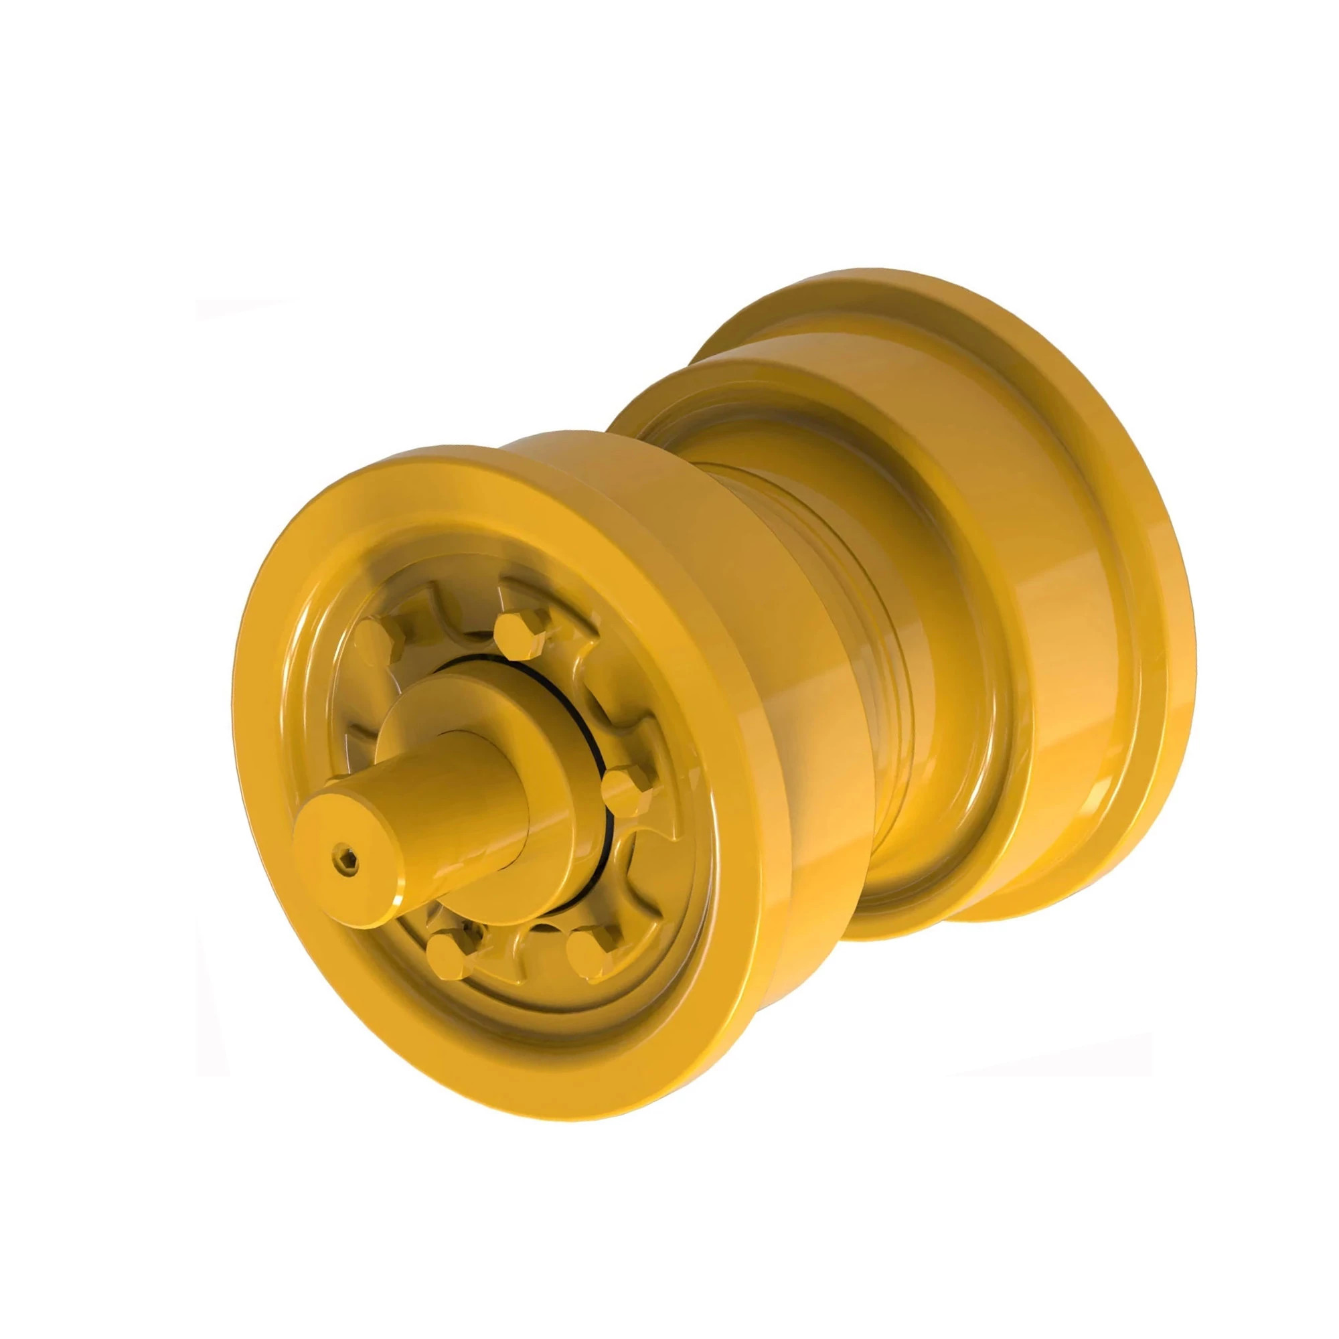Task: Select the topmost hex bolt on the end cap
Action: pos(514,631)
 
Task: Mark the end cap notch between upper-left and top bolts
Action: pos(444,610)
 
